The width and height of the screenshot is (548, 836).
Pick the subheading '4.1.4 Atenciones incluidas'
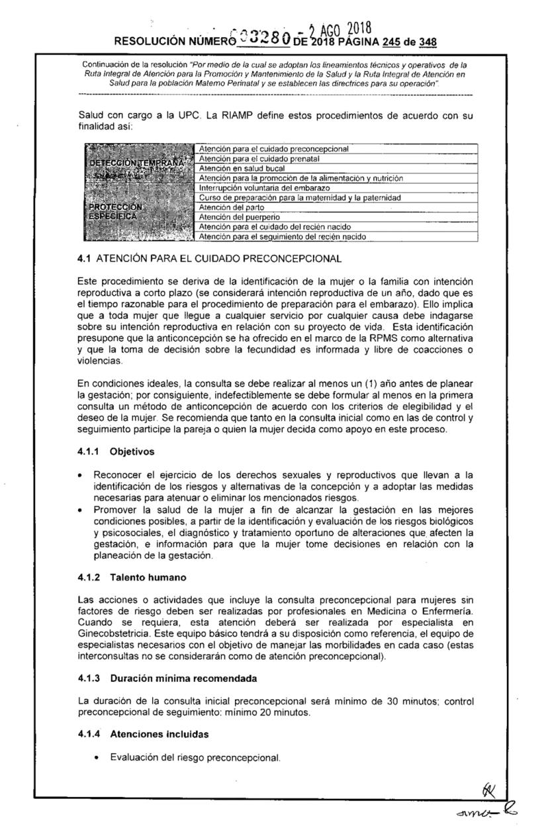coord(140,734)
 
